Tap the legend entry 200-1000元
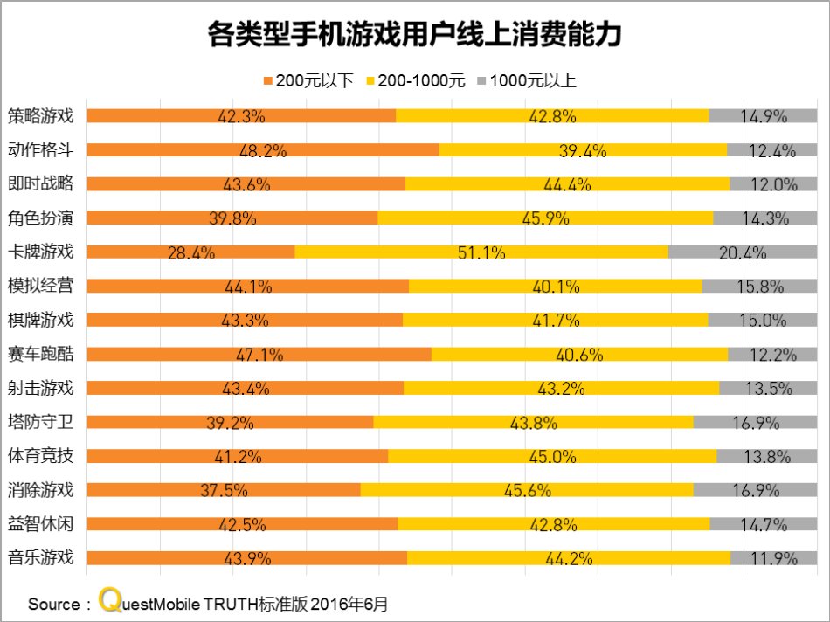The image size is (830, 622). (x=420, y=81)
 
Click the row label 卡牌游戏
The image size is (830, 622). (x=40, y=252)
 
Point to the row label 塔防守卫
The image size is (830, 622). (x=40, y=422)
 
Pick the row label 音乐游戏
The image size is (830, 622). (x=40, y=557)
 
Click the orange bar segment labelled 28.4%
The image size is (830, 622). (x=190, y=252)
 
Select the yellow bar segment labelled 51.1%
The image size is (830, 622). (x=481, y=252)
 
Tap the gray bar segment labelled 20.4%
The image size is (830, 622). (x=743, y=252)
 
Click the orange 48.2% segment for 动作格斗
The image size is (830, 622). (x=263, y=150)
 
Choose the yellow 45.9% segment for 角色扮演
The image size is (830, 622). (x=545, y=218)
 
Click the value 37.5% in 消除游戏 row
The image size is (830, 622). (x=224, y=490)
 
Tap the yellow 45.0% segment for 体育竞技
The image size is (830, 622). (x=552, y=456)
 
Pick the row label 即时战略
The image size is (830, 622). (x=40, y=183)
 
